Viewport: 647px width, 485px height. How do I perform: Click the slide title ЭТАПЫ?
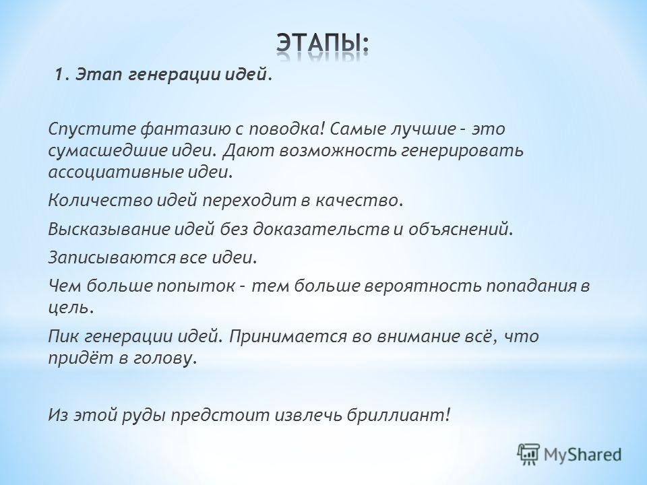coord(323,43)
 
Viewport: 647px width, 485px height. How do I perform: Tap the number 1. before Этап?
coord(62,75)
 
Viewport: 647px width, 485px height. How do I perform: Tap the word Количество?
coord(100,201)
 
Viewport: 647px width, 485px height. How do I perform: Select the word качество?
coord(359,201)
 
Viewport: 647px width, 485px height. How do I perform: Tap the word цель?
coord(69,308)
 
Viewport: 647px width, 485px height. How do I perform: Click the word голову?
coord(163,358)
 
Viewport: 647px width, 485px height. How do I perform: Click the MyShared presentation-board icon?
coord(528,455)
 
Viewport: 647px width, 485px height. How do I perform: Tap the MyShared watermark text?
coord(582,455)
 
